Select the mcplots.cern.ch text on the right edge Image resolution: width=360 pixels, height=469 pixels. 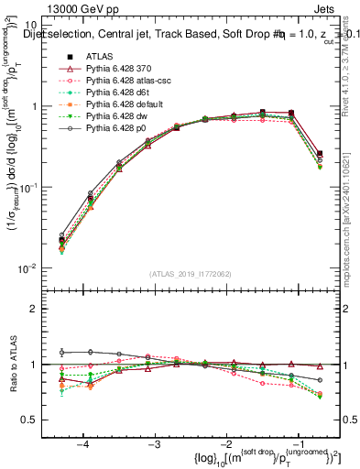click(x=351, y=238)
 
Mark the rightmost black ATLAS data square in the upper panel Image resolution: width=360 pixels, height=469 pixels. click(x=319, y=154)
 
